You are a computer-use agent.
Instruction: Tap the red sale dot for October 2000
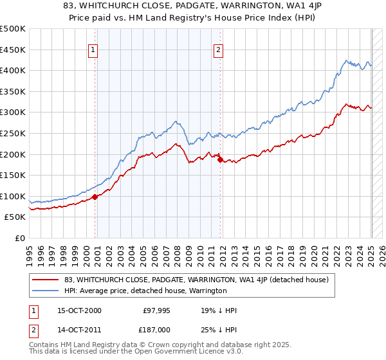[95, 197]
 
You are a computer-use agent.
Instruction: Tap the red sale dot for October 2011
[220, 159]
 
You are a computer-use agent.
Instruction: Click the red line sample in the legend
[45, 280]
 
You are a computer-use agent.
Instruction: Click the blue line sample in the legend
[45, 291]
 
